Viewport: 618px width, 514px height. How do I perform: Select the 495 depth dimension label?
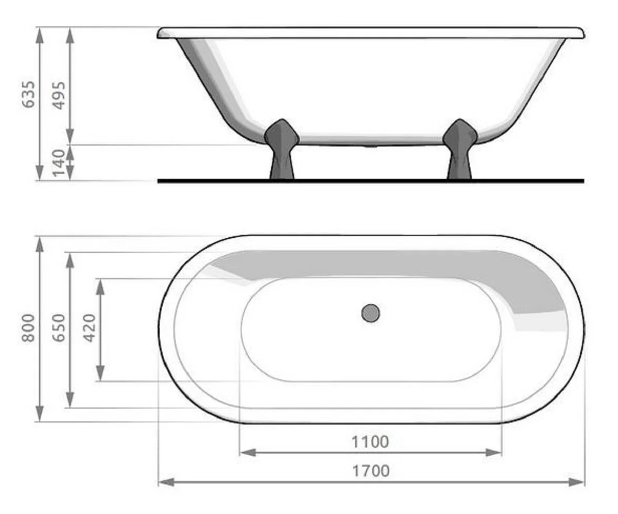pos(60,95)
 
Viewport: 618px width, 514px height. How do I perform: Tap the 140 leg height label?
pos(60,162)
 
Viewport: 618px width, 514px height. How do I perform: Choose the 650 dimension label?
pos(60,328)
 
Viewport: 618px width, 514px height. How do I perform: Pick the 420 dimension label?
pos(90,328)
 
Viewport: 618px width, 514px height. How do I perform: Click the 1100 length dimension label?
pos(370,442)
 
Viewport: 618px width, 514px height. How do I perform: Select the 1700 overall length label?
pos(370,471)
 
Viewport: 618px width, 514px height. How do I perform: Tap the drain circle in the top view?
pos(370,313)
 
